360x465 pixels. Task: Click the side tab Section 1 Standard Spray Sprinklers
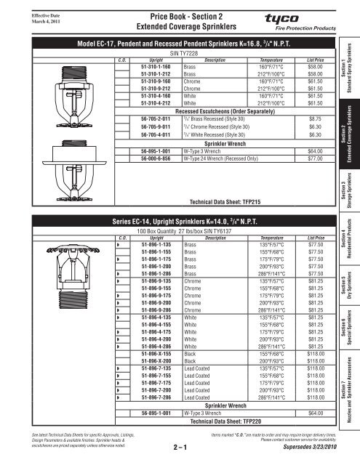(x=348, y=57)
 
